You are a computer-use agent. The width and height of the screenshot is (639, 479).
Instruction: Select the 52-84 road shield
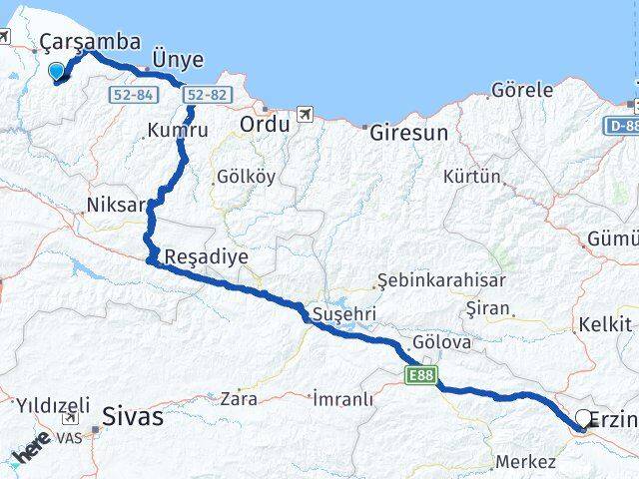click(x=132, y=94)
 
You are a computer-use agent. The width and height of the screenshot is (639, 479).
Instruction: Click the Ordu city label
click(x=265, y=125)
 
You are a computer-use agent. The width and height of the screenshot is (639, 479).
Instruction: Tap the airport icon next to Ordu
click(x=304, y=115)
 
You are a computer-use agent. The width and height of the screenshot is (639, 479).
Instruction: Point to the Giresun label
click(x=405, y=131)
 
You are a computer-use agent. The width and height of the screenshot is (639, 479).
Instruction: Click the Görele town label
click(x=521, y=90)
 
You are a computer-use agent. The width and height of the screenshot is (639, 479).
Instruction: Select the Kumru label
click(x=177, y=130)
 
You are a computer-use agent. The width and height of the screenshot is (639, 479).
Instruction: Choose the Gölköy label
click(x=246, y=177)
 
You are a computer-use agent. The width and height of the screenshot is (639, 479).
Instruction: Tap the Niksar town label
click(x=117, y=204)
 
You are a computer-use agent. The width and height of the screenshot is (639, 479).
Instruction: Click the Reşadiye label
click(x=206, y=256)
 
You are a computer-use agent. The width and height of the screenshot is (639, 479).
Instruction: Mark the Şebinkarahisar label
click(x=440, y=281)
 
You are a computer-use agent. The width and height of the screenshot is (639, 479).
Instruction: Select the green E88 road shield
click(x=420, y=375)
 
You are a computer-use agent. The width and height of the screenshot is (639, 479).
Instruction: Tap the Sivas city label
click(x=133, y=417)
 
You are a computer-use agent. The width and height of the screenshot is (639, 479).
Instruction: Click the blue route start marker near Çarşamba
click(x=57, y=71)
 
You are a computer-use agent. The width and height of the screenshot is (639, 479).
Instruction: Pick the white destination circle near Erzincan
click(x=585, y=419)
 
